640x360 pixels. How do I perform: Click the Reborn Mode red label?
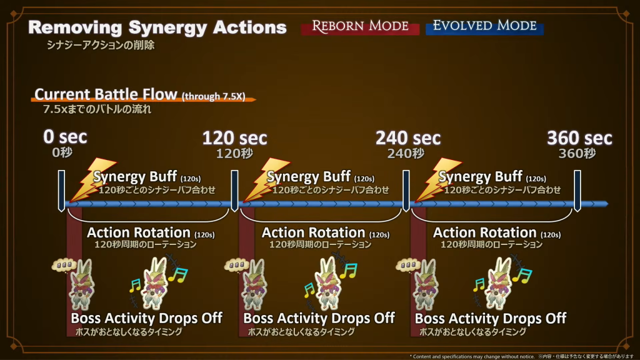[360, 27]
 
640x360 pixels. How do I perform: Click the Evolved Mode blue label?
[484, 26]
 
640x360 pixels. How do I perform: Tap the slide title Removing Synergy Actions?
[157, 27]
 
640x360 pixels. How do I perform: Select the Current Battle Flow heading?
[106, 94]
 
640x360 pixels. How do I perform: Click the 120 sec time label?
[234, 137]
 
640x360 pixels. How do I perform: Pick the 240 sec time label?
[407, 137]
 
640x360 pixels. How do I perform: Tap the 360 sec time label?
[579, 137]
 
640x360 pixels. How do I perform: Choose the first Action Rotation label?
[139, 233]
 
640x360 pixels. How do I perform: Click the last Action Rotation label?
[485, 233]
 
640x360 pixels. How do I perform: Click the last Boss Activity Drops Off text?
[490, 318]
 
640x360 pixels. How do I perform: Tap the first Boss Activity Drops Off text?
[146, 318]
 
